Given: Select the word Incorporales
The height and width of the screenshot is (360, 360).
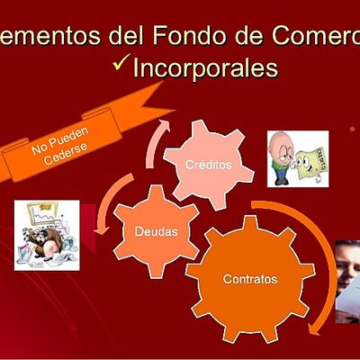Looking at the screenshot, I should coord(204,68).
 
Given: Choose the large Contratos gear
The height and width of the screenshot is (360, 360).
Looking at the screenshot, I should coord(249,278).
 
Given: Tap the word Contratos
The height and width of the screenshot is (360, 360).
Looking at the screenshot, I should coord(250,278).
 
